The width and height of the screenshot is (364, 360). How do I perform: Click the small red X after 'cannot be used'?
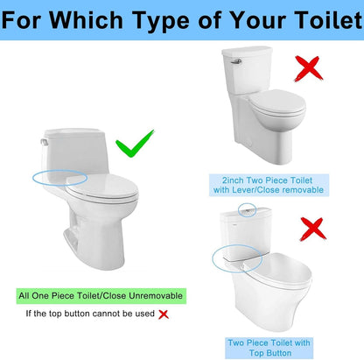163,313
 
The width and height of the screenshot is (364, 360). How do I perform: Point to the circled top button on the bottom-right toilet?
250,212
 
